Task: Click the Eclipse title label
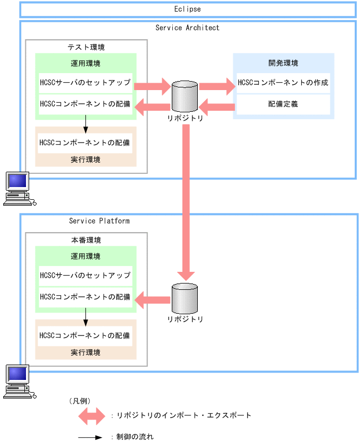coord(187,10)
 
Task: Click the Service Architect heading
coord(187,28)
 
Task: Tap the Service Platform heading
coord(99,220)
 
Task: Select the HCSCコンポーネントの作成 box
coord(283,83)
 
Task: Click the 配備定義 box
coord(283,104)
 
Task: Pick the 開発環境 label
coord(283,63)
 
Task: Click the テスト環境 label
coord(86,47)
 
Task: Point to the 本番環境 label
coord(86,240)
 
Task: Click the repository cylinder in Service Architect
coord(185,95)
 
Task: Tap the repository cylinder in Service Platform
coord(185,298)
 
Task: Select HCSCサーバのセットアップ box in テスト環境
coord(85,83)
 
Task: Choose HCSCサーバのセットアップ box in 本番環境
coord(85,276)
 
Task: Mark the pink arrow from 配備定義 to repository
coord(217,108)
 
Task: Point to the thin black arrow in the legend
coord(90,438)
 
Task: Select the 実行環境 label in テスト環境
coord(85,160)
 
